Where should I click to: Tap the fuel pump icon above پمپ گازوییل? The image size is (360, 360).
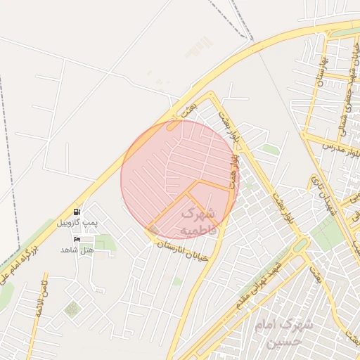pos(76,212)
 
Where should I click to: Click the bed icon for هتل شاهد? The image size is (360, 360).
pos(77,239)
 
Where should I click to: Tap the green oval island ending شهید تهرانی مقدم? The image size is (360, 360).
pos(301,245)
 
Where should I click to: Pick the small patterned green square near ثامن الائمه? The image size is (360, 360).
pos(72,309)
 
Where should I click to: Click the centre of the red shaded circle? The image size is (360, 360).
pos(180,179)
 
